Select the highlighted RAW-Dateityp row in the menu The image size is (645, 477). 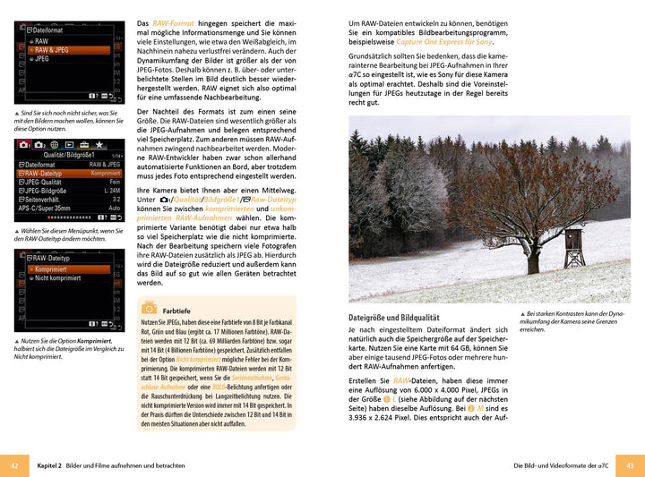pyautogui.click(x=45, y=173)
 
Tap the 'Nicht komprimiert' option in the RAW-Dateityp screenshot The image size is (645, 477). pyautogui.click(x=58, y=278)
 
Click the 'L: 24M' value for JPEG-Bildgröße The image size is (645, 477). pyautogui.click(x=112, y=191)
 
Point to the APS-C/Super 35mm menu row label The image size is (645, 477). pyautogui.click(x=45, y=208)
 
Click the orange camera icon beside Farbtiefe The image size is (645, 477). pyautogui.click(x=149, y=307)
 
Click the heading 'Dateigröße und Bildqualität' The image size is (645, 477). pyautogui.click(x=393, y=318)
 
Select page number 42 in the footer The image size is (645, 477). pyautogui.click(x=14, y=465)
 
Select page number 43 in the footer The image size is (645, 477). pyautogui.click(x=630, y=465)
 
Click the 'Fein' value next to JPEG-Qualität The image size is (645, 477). pyautogui.click(x=114, y=182)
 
